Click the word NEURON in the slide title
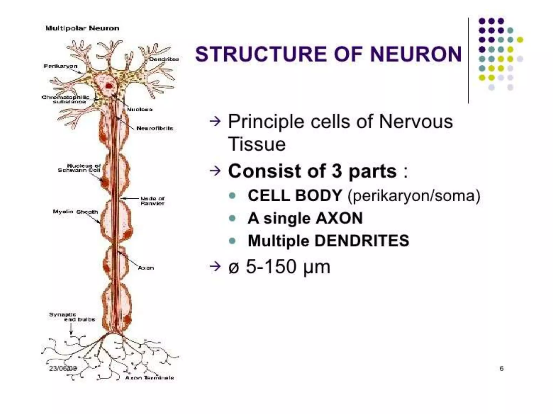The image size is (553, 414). (x=416, y=54)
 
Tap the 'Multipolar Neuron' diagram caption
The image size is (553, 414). (x=82, y=28)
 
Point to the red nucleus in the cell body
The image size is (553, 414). (x=109, y=86)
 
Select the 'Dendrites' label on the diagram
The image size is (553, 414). (x=164, y=59)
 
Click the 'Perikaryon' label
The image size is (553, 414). (x=60, y=66)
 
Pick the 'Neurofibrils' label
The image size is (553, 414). (x=154, y=128)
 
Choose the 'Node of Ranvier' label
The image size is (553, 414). (x=152, y=201)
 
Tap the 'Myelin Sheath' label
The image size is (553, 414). (x=75, y=212)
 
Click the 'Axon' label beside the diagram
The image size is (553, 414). (x=146, y=268)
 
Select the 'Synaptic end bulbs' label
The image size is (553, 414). (x=72, y=317)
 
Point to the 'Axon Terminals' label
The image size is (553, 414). (x=149, y=378)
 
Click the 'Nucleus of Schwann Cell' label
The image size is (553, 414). (x=79, y=168)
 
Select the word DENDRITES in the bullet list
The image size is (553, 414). (x=362, y=241)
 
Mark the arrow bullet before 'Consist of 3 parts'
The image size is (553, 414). (x=215, y=171)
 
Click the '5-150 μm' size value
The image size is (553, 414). (x=288, y=267)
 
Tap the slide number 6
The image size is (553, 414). (x=501, y=368)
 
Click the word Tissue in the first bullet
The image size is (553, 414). (x=257, y=144)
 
